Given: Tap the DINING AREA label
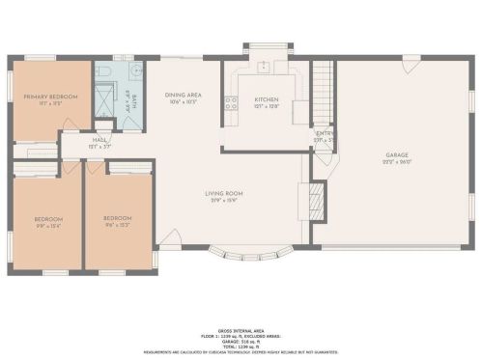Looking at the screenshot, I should tap(183, 95).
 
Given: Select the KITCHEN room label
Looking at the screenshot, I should tap(267, 99).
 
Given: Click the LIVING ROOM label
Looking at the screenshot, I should tap(222, 194).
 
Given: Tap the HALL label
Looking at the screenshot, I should tap(99, 140).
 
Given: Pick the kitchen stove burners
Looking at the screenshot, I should tap(230, 101).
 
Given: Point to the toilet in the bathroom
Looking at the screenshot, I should tap(103, 70).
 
